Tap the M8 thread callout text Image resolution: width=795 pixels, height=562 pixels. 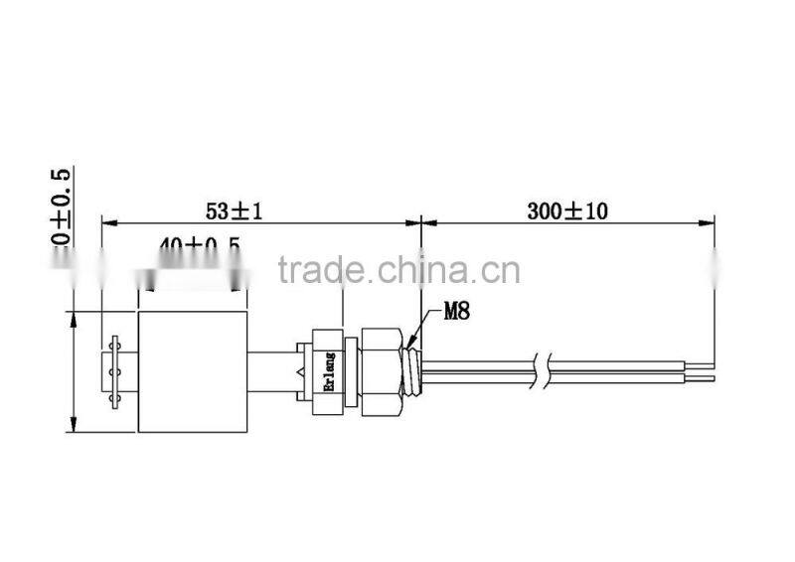455,311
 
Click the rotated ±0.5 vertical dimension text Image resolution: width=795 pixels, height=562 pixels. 62,210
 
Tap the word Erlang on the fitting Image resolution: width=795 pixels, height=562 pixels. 329,371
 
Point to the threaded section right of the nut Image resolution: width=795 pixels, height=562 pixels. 414,371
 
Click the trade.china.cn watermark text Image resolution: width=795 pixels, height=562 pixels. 398,269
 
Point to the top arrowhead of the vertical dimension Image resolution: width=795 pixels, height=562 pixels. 73,318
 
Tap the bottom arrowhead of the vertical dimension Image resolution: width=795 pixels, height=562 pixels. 73,426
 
